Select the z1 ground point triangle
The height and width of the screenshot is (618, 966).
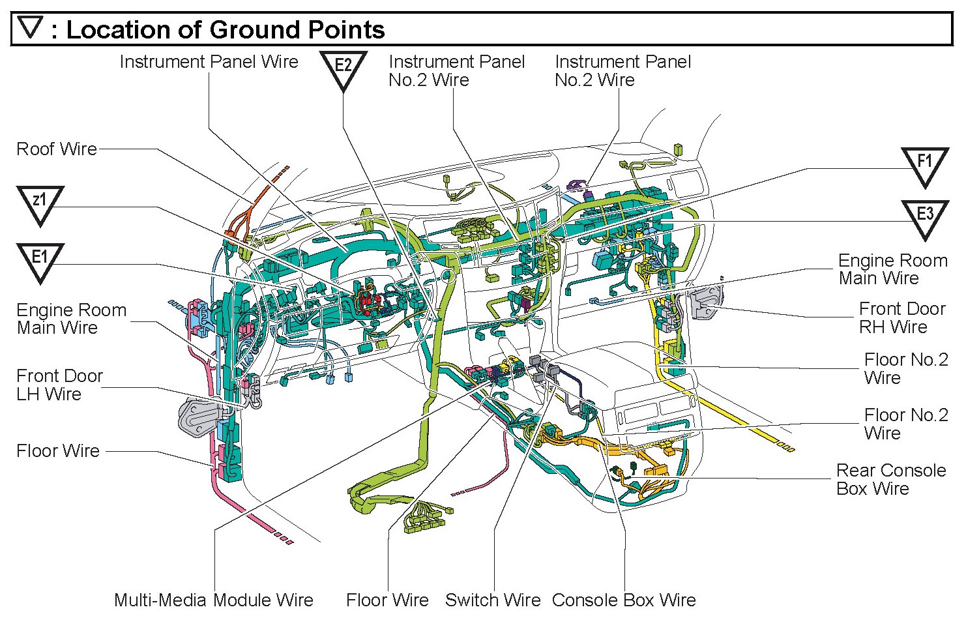[x=40, y=203]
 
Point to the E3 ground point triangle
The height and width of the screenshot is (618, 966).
[x=924, y=217]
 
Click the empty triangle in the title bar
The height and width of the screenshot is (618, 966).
[x=31, y=28]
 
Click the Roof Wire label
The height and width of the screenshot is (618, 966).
[x=57, y=149]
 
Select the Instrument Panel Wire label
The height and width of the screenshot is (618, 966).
[x=209, y=62]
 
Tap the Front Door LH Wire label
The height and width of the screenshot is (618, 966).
[x=59, y=385]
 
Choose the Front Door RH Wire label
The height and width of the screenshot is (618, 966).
[x=901, y=317]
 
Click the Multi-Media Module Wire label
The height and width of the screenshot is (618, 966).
[x=214, y=600]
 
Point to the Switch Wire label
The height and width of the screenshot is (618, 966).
[x=493, y=600]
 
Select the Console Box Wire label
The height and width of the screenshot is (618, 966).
[x=624, y=600]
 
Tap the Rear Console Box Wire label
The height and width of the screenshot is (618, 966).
[x=890, y=479]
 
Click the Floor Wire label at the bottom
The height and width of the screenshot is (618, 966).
[x=387, y=600]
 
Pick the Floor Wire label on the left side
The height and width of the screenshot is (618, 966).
[x=58, y=450]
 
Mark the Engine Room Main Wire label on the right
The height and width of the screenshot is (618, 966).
[x=892, y=269]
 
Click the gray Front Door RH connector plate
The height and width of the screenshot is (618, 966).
[x=705, y=301]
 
